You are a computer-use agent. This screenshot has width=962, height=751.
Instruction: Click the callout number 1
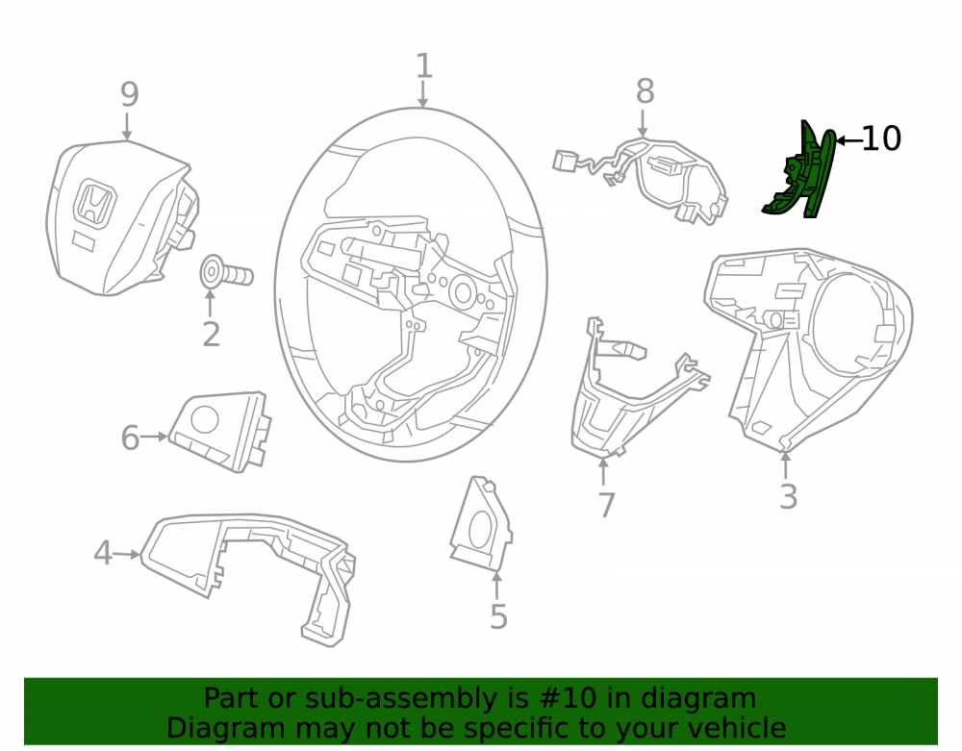424,65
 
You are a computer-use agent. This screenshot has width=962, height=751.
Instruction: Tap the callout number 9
130,94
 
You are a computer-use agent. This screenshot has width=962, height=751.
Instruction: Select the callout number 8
645,91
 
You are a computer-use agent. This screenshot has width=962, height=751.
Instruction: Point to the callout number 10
881,139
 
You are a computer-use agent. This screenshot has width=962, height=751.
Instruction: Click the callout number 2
211,335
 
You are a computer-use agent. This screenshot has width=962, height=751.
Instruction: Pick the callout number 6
130,438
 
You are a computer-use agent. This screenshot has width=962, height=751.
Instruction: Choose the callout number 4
103,553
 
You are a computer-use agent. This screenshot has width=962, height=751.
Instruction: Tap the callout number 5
498,616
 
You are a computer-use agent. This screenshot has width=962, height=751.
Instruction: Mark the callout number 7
606,505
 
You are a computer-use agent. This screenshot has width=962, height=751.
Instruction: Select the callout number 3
789,496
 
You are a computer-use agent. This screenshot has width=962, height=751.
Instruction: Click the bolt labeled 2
227,272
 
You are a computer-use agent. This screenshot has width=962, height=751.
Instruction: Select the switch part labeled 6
218,432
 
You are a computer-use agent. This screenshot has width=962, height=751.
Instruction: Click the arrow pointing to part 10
849,140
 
